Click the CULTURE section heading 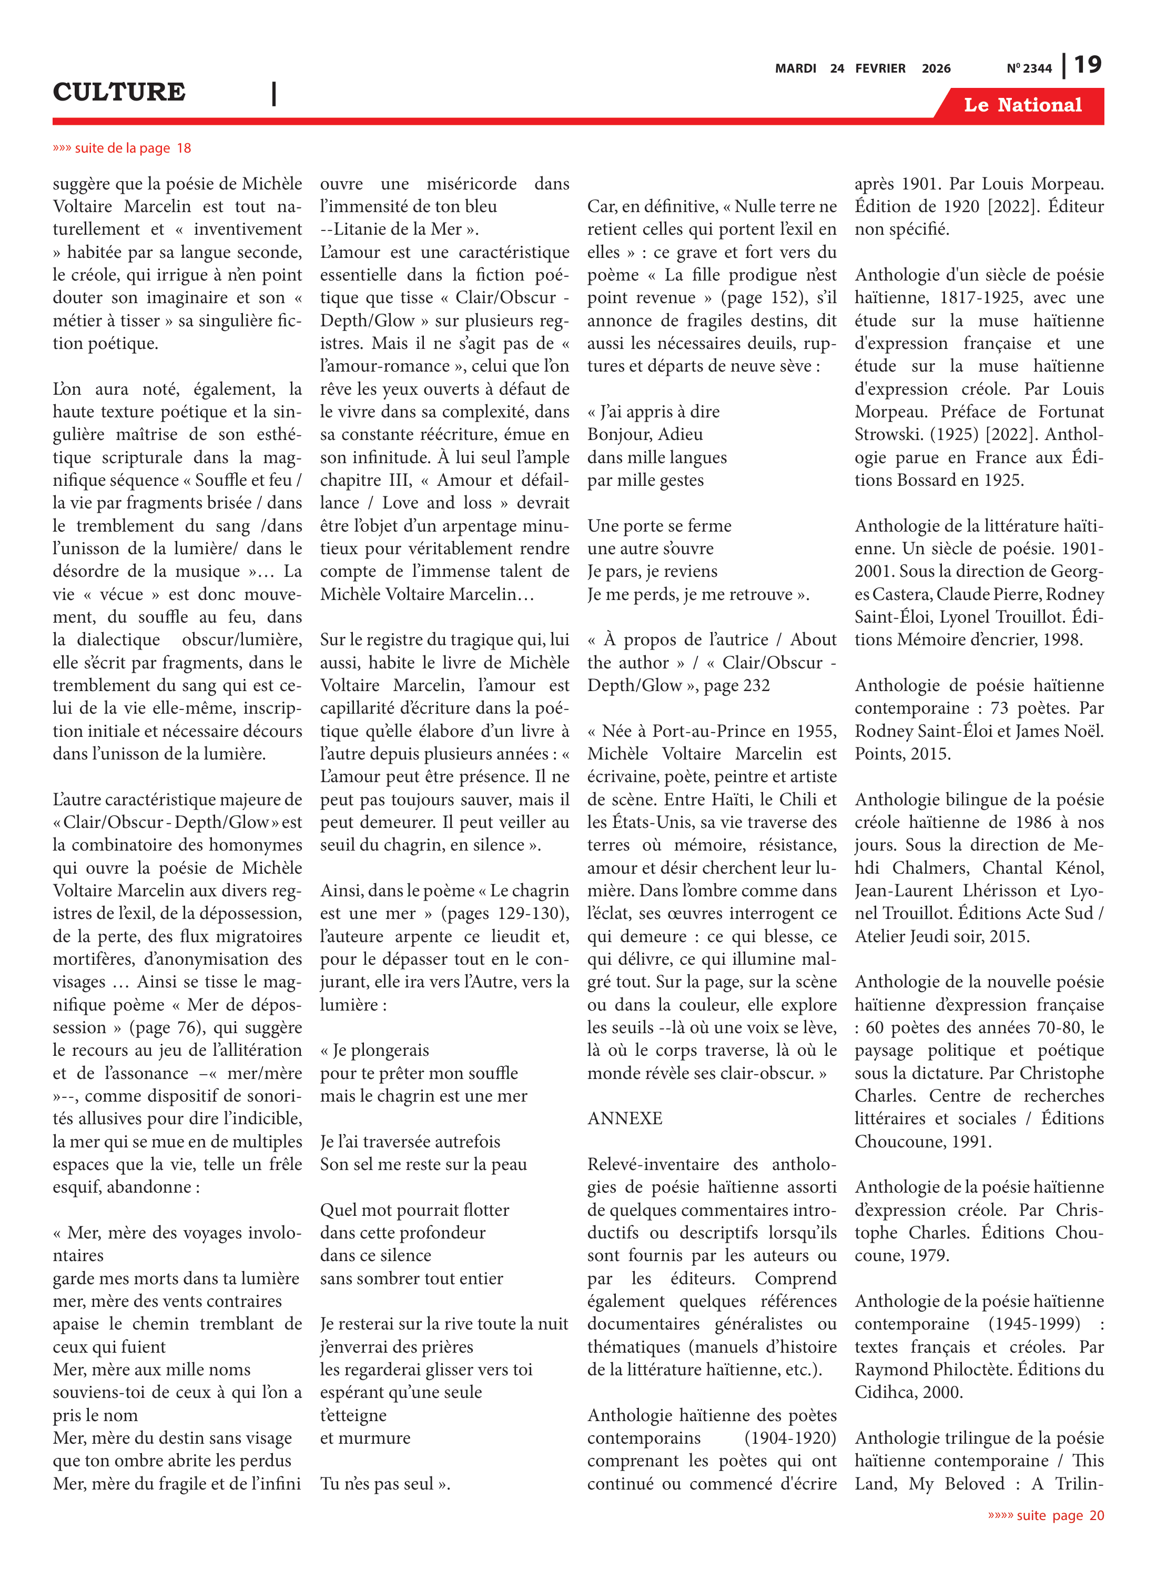click(119, 92)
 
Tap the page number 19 click(1088, 65)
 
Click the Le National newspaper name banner click(1022, 105)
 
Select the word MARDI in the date click(795, 68)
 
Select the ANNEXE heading click(625, 1118)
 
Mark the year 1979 click(928, 1255)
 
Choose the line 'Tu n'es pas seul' click(384, 1484)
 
